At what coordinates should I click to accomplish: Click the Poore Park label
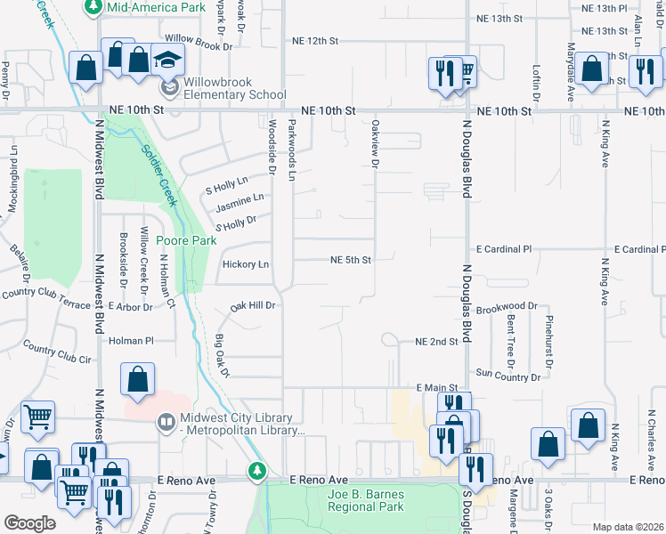pos(186,240)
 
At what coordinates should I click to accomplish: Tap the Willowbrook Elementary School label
pos(236,89)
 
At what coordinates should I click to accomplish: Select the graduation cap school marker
pos(167,61)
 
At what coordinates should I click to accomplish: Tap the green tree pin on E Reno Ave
pos(258,470)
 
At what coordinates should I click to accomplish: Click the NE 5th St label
pos(350,261)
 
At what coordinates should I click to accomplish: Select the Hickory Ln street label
pos(245,264)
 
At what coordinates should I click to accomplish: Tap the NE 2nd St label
pos(436,342)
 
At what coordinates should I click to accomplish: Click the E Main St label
pos(436,388)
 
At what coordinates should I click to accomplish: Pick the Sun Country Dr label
pos(508,375)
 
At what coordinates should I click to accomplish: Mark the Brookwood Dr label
pos(507,306)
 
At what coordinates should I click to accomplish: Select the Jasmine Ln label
pos(240,203)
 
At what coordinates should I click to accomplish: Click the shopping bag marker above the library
pos(138,380)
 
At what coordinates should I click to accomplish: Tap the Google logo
pos(29,522)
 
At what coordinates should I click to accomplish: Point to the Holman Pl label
pos(131,340)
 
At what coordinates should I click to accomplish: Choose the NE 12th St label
pos(315,41)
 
